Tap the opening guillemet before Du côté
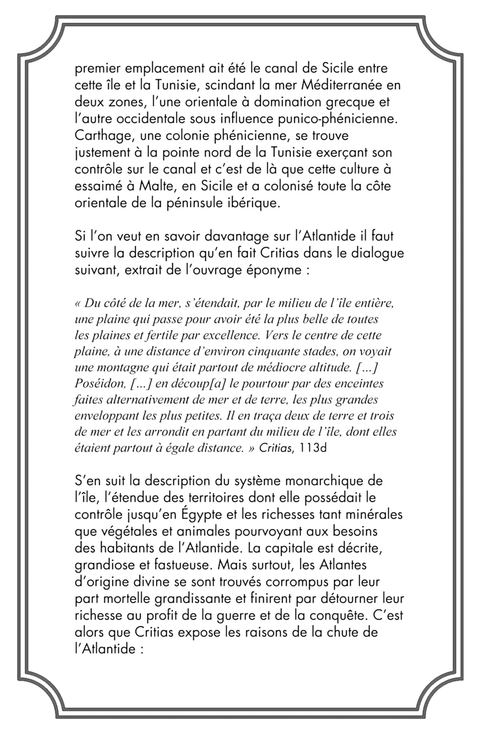pos(78,303)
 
